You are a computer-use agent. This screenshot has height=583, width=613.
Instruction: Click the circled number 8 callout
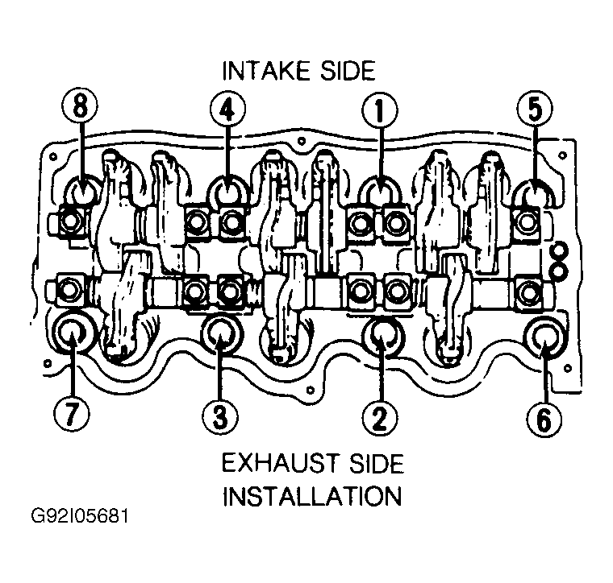80,106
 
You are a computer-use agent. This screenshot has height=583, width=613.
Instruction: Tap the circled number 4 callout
228,110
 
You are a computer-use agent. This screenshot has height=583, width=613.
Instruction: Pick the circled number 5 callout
536,108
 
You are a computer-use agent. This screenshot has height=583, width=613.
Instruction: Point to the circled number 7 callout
72,415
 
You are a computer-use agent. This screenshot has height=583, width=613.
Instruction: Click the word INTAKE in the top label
267,72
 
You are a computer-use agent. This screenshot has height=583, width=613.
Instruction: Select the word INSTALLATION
312,496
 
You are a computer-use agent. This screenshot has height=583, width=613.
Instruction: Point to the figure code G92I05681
79,516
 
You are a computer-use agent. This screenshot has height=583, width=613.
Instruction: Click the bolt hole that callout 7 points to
72,332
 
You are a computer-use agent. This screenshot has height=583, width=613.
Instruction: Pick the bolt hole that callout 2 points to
382,335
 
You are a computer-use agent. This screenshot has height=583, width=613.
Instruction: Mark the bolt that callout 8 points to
82,190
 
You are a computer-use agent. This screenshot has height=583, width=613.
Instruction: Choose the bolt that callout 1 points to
380,191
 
